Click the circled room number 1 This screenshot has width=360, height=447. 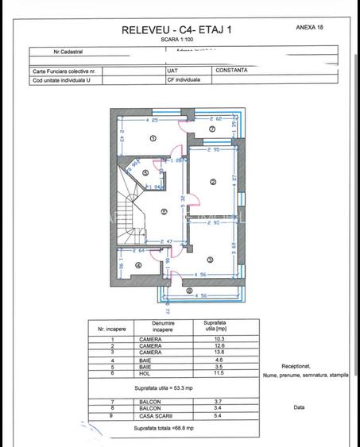coord(153,137)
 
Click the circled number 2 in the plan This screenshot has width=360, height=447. coord(213,182)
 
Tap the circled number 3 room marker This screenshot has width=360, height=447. coord(210,260)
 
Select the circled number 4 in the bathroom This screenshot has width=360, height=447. coord(138,266)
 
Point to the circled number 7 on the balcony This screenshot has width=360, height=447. coord(212,129)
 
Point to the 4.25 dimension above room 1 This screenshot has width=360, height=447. coord(153,118)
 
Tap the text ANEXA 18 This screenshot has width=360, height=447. coord(310,26)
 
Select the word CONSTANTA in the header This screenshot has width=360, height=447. coord(231,69)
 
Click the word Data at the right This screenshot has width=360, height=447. coord(299,407)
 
